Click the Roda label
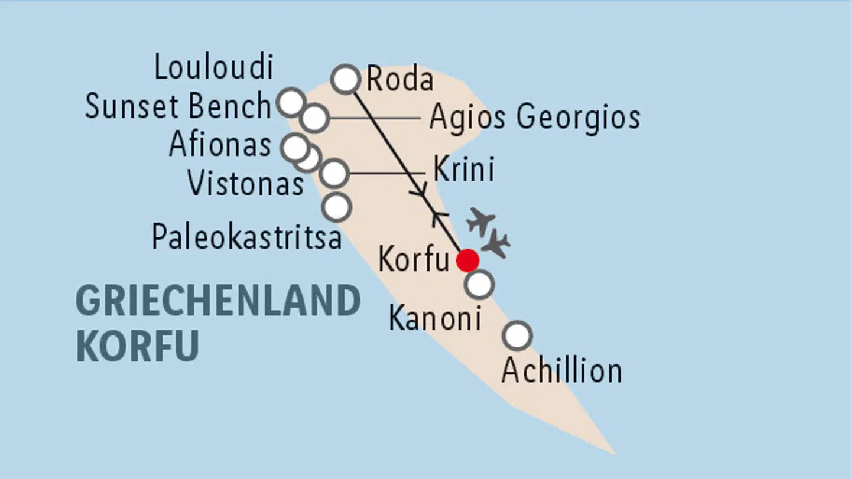399,80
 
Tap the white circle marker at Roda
346,79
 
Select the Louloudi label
214,67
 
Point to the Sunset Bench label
178,107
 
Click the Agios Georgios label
534,117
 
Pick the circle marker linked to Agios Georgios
314,118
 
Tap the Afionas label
220,144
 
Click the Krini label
463,170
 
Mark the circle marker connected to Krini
334,173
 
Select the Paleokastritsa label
246,237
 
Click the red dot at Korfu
468,260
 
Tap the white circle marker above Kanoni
479,285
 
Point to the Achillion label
561,372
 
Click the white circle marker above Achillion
517,335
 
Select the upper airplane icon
480,221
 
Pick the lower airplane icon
496,243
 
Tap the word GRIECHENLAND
218,301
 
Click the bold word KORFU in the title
137,347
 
